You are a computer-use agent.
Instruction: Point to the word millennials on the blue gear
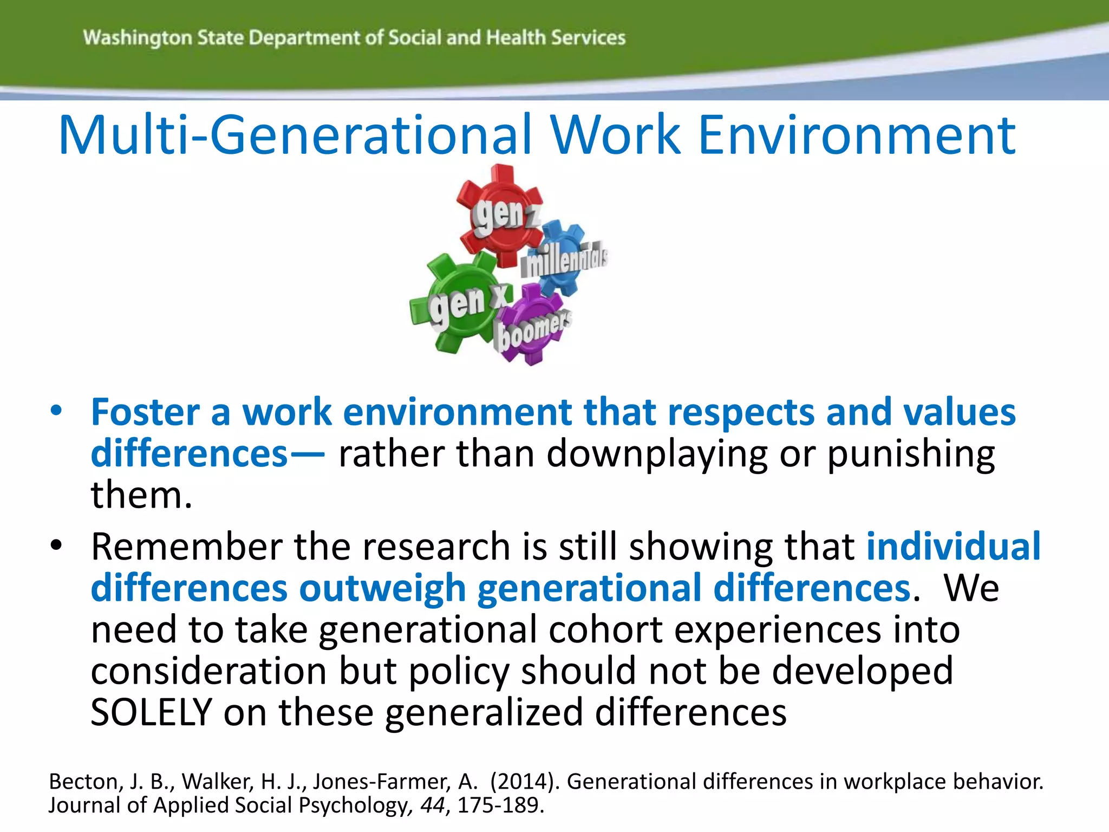tap(564, 260)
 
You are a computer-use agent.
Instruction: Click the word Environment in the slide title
tap(857, 135)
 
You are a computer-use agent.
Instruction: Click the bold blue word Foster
tap(145, 413)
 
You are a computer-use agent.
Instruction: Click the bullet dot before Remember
tap(56, 545)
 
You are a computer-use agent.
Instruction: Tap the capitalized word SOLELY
tap(151, 713)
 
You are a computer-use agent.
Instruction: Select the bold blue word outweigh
tap(382, 589)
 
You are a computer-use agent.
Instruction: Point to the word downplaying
tap(657, 454)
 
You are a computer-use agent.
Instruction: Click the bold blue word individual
tap(953, 547)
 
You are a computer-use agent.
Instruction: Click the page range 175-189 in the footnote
tap(500, 805)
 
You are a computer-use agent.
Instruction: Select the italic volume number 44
tap(432, 805)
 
